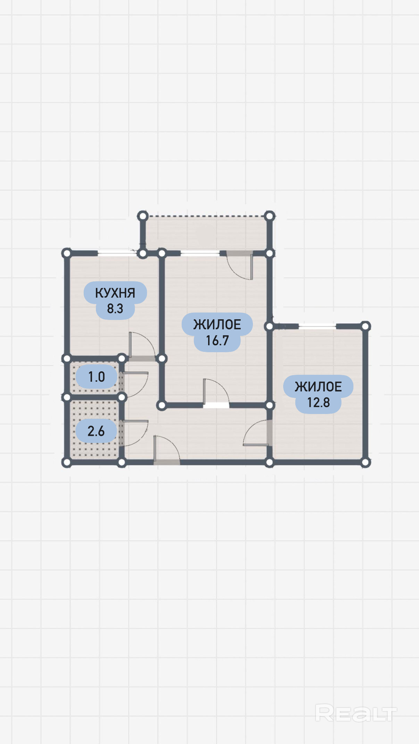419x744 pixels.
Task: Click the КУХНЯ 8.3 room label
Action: pos(115,301)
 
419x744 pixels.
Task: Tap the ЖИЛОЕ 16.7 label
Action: pos(217,332)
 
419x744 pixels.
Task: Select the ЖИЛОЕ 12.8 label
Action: pos(318,394)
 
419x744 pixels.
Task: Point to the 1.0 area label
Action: pos(97,377)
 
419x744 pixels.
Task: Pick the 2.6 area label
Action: pos(96,431)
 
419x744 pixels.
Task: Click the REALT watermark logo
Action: pos(356,713)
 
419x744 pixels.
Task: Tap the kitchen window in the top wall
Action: pos(117,253)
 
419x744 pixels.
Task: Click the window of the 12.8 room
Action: pos(317,326)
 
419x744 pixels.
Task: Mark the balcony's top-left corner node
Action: pos(142,216)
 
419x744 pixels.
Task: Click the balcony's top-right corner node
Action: pos(269,216)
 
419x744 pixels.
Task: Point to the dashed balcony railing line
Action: pos(206,216)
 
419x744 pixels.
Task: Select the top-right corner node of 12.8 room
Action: pos(365,326)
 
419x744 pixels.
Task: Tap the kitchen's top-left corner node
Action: pos(67,253)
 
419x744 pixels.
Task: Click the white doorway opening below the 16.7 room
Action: pos(216,405)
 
